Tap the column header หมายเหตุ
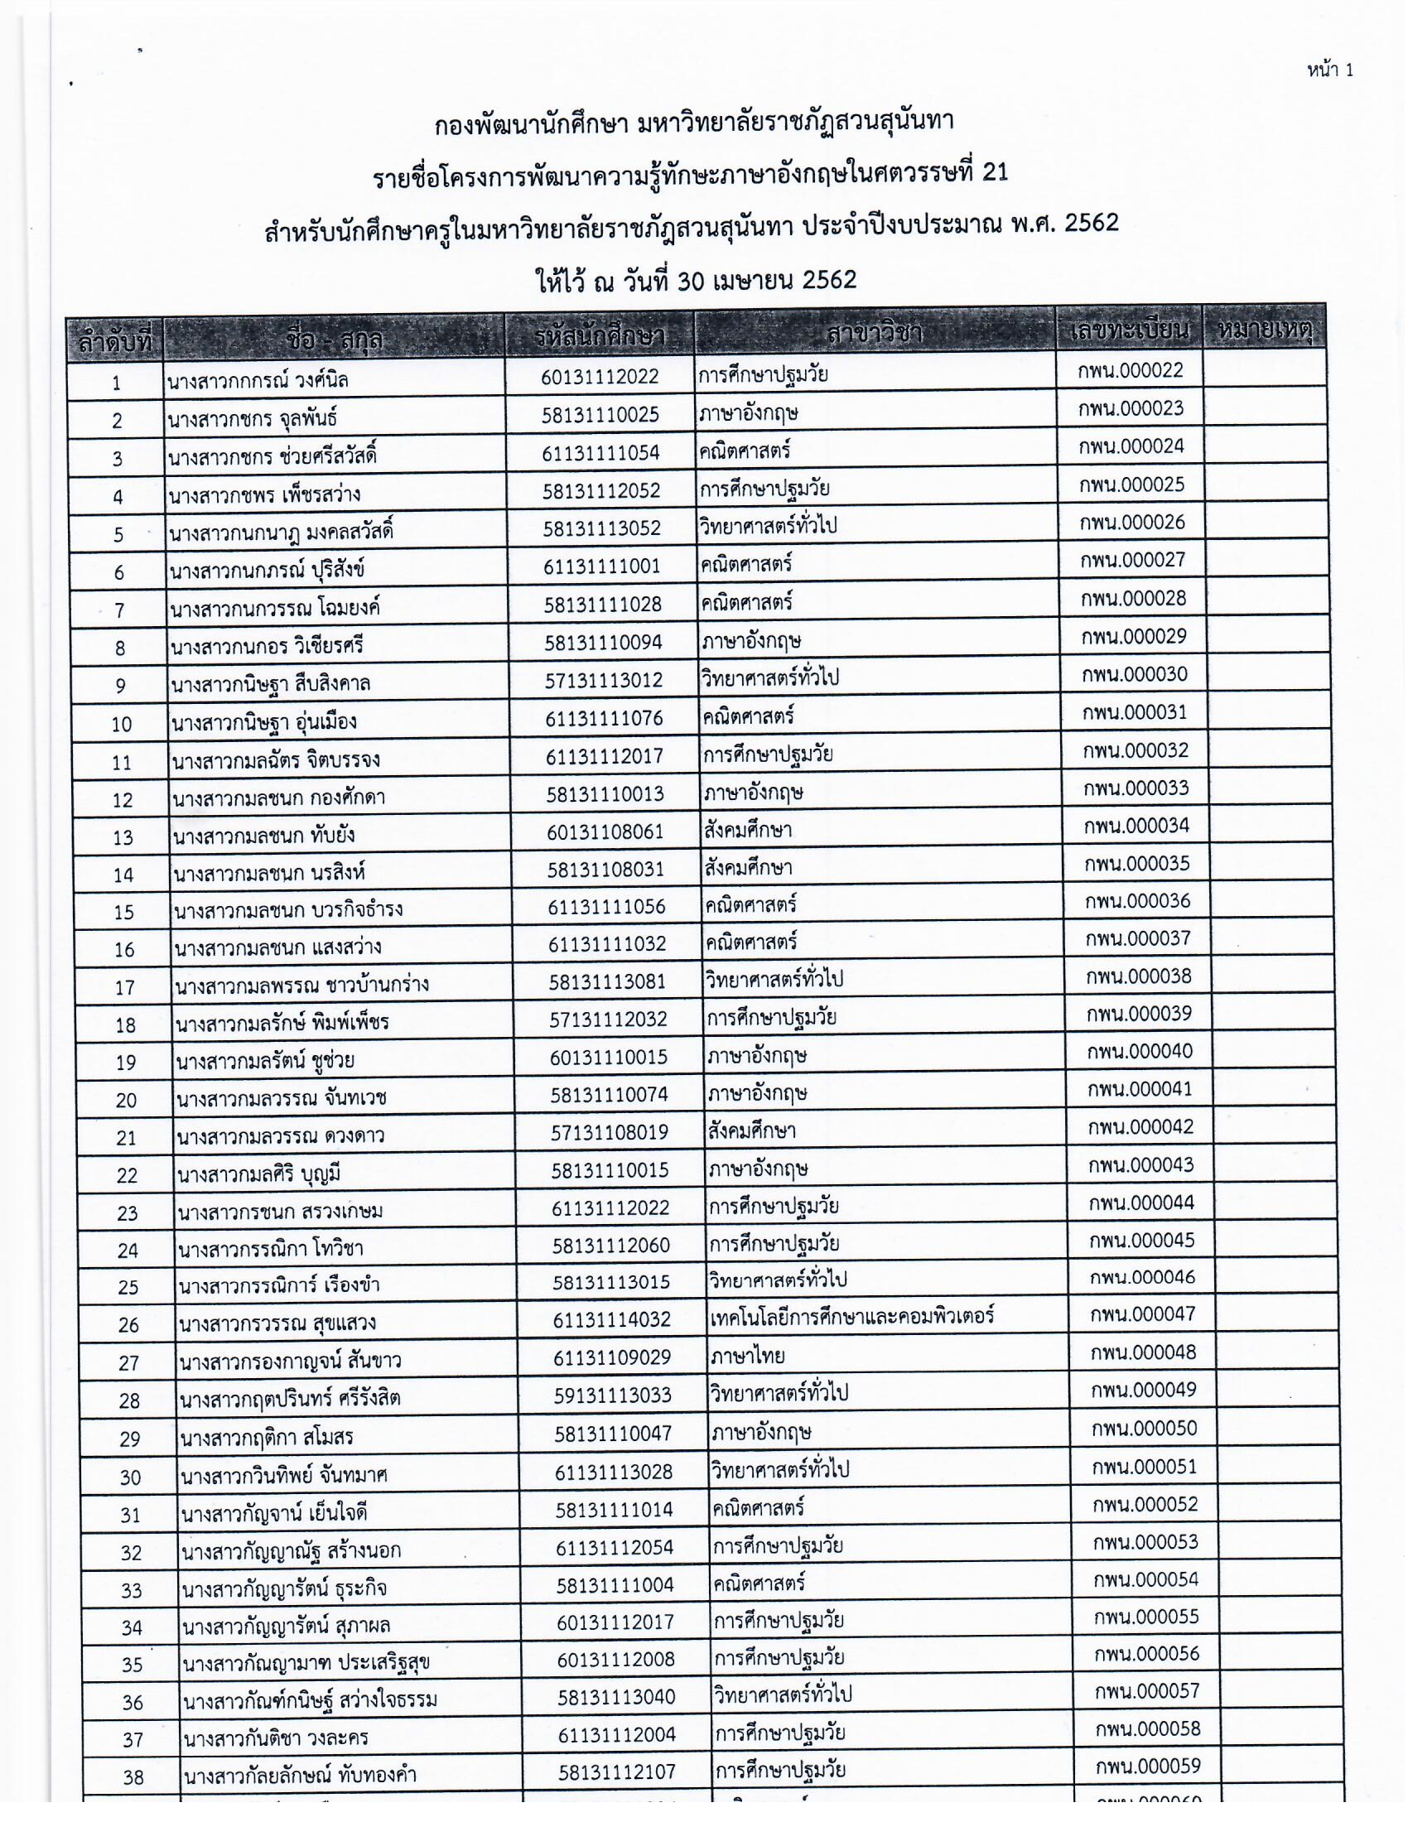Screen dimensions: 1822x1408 pos(1265,331)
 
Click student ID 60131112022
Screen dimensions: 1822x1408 pos(599,377)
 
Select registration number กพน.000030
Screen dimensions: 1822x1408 pos(1134,674)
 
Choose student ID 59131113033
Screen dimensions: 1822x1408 pos(612,1395)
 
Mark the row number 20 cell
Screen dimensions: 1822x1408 pos(126,1101)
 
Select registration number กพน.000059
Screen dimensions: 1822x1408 pos(1148,1767)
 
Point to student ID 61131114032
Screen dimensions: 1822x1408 pos(611,1320)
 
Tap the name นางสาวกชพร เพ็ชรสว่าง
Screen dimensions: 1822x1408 pos(264,494)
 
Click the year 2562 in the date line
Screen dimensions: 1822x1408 pos(828,280)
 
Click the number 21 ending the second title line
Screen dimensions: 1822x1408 pos(995,173)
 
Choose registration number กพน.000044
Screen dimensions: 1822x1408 pos(1141,1203)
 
